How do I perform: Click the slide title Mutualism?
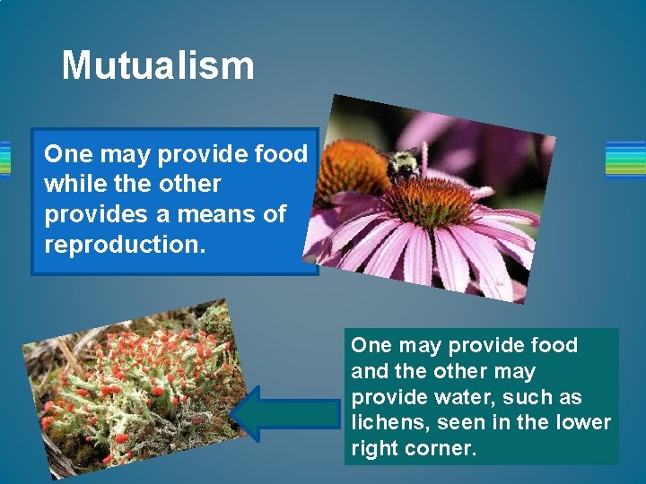click(158, 66)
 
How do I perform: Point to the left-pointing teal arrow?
click(286, 413)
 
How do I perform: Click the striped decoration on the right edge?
click(625, 160)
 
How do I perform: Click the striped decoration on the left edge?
click(4, 160)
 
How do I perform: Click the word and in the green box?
click(370, 371)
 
